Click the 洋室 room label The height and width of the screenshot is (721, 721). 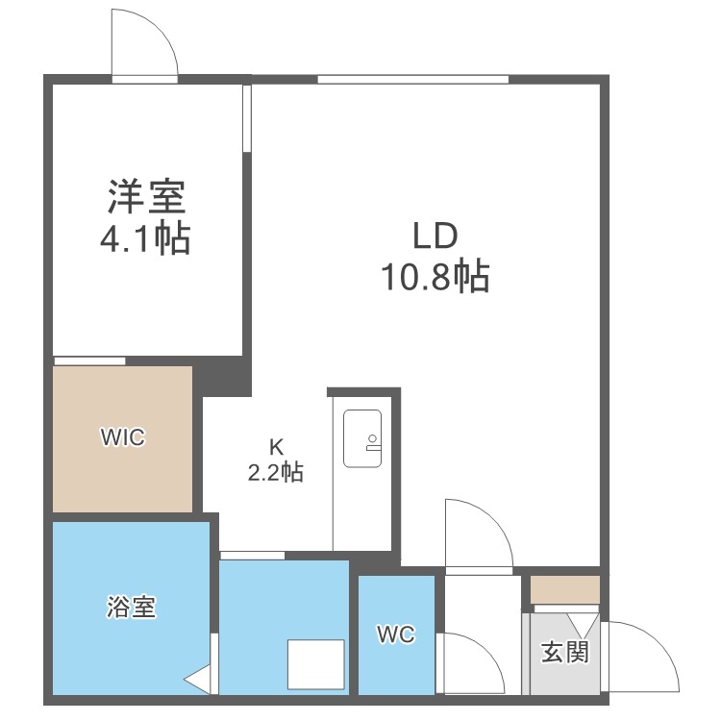click(x=146, y=197)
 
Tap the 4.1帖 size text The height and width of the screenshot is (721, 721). click(x=146, y=237)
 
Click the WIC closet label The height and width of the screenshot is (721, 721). click(x=123, y=437)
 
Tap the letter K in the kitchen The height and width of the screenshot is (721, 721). click(x=276, y=446)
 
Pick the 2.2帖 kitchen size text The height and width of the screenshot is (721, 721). click(x=276, y=472)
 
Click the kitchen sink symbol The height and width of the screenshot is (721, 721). click(x=362, y=438)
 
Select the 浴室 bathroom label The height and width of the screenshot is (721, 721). click(x=132, y=608)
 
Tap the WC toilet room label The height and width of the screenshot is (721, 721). click(x=395, y=634)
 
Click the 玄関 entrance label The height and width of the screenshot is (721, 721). click(x=564, y=652)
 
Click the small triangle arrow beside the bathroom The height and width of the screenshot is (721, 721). click(x=196, y=680)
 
